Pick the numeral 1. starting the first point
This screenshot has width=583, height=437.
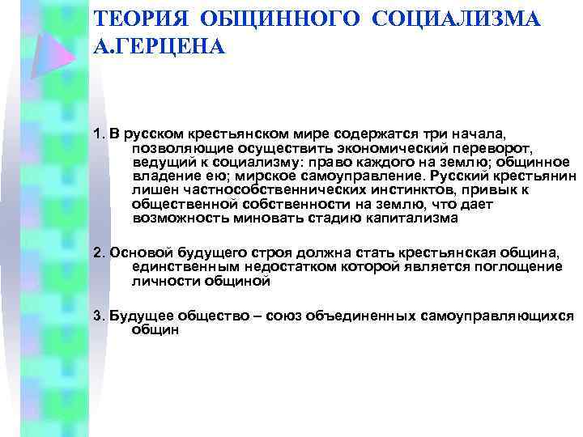point(100,132)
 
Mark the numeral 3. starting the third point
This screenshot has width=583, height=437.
point(100,315)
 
